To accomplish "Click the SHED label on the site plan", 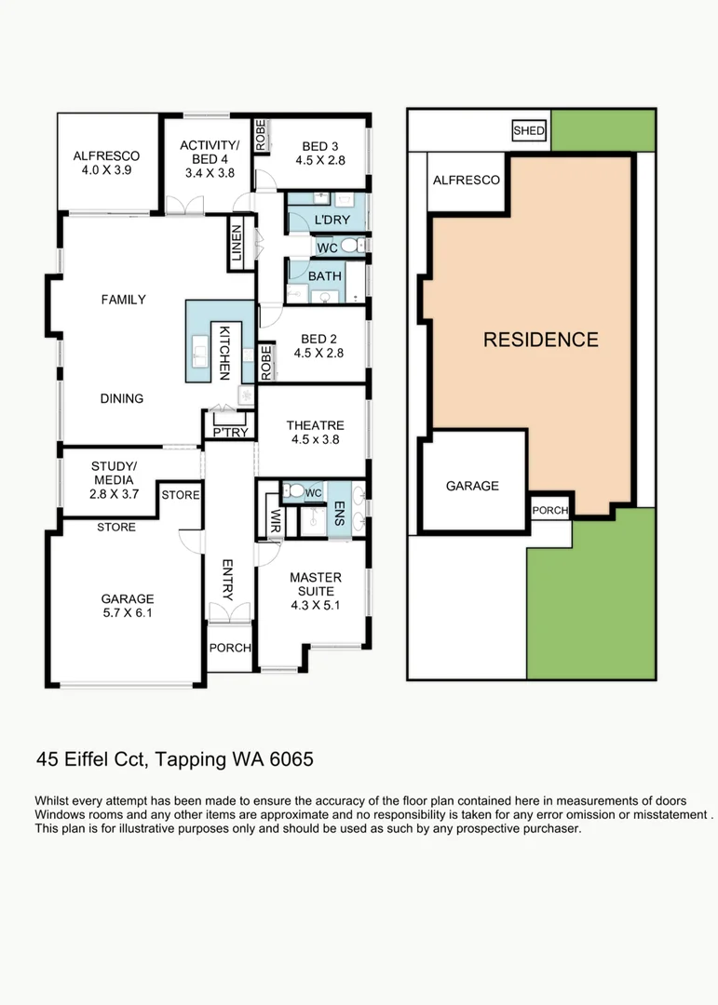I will (529, 131).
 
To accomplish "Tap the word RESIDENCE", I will (540, 340).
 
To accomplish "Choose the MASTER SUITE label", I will (315, 583).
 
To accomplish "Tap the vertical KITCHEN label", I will (224, 351).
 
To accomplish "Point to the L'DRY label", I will (331, 220).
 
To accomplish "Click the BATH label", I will (325, 276).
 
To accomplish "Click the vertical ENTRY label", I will (226, 580).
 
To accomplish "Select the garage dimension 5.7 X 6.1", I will (128, 613).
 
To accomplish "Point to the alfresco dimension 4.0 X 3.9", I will (106, 171).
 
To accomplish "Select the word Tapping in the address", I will (191, 760).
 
